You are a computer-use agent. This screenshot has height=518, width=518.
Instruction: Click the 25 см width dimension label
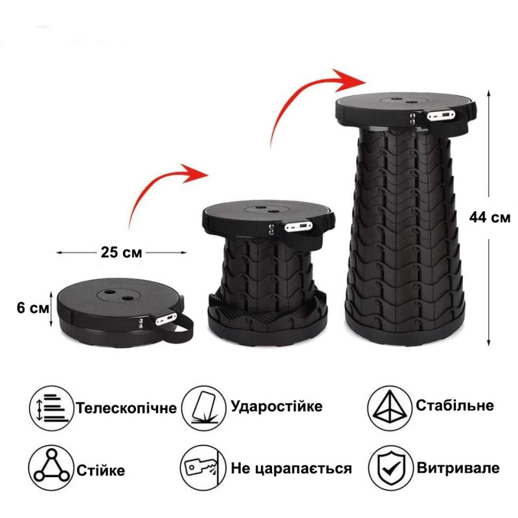[121, 251]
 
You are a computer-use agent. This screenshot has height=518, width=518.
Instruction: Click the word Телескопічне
[127, 409]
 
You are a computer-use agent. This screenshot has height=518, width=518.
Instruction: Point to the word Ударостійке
[276, 407]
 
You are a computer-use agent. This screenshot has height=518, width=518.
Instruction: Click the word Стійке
[100, 469]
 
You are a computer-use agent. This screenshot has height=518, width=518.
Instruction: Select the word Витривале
[458, 468]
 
